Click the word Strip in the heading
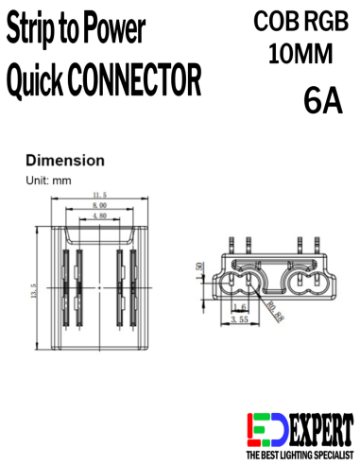click(32, 31)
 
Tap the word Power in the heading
click(115, 31)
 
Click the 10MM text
click(300, 55)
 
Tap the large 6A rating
click(323, 100)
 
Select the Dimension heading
click(64, 161)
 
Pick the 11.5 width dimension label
click(99, 196)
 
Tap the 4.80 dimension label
click(99, 216)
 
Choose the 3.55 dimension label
click(240, 320)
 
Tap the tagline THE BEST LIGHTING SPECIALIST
click(300, 456)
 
